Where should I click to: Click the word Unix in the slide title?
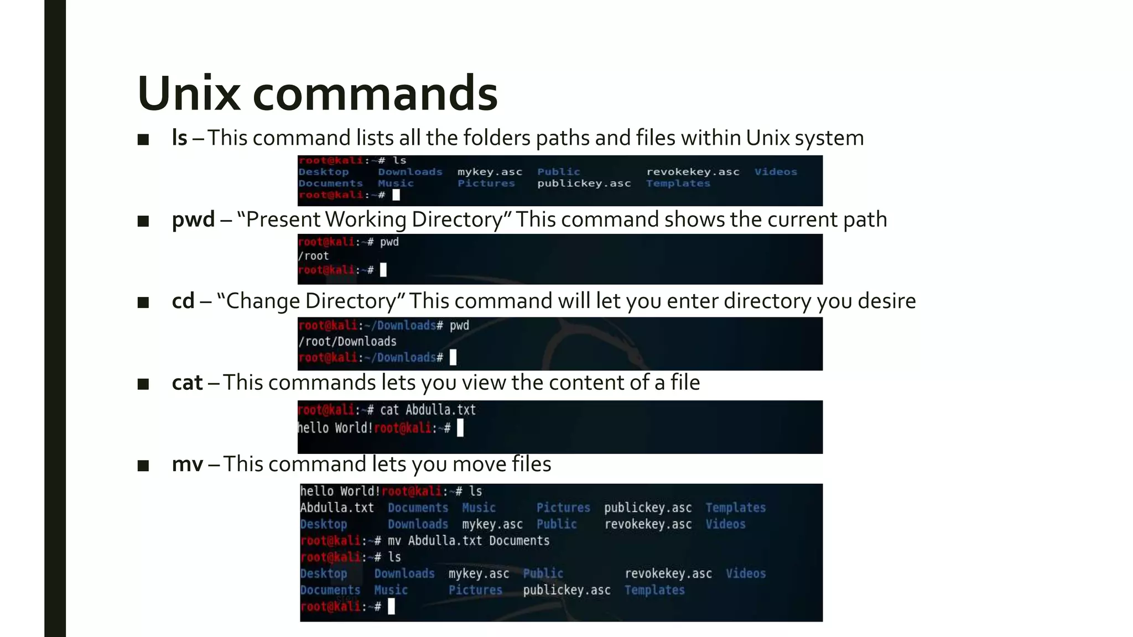click(189, 93)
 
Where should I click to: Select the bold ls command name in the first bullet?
click(179, 138)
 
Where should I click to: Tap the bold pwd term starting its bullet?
click(193, 220)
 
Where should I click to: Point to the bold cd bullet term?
click(183, 301)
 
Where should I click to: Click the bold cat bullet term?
click(187, 383)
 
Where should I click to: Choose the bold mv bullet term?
click(188, 464)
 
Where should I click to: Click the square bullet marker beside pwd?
click(143, 221)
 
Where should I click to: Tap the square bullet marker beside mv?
click(143, 466)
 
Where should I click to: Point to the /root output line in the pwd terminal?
click(314, 256)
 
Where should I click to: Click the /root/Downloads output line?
click(347, 341)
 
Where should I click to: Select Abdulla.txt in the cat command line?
click(440, 410)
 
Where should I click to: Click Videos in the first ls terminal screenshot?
click(776, 172)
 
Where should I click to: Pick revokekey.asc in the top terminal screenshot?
click(693, 172)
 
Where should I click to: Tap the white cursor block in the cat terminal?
click(460, 427)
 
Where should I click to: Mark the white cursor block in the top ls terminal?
click(396, 195)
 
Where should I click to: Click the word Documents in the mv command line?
click(519, 540)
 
